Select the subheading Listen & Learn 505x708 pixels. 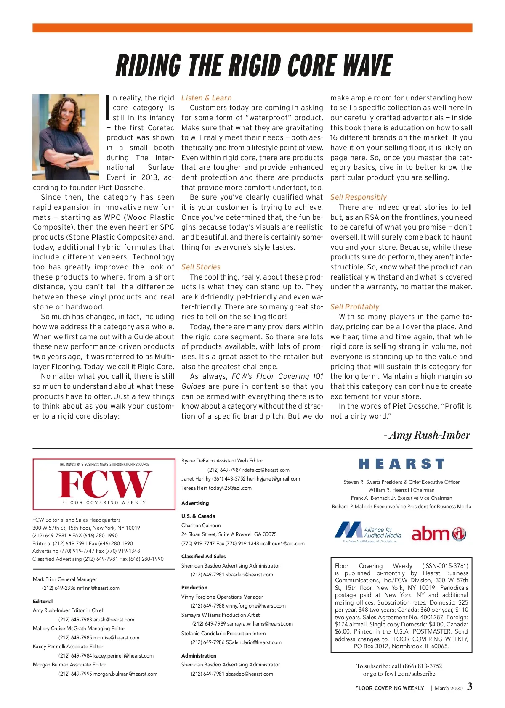[x=206, y=98]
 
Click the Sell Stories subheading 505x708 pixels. [x=201, y=267]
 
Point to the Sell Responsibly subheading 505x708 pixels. [x=358, y=197]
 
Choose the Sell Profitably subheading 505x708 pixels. [x=354, y=307]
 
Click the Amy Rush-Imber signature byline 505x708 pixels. [x=427, y=435]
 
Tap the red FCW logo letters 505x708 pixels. [x=104, y=484]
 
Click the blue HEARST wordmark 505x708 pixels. [x=401, y=464]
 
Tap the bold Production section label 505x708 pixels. [x=194, y=587]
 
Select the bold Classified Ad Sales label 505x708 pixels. [x=203, y=556]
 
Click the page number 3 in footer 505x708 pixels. [x=470, y=687]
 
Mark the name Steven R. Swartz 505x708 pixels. [x=362, y=482]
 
